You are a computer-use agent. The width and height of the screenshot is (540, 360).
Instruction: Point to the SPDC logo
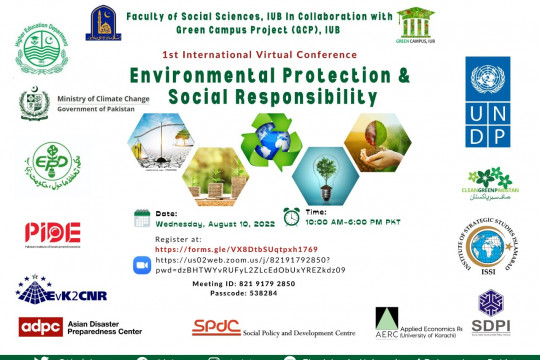tap(217, 326)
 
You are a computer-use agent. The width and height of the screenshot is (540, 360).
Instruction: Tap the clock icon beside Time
tap(291, 215)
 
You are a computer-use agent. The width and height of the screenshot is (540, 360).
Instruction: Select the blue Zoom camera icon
tap(141, 264)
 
